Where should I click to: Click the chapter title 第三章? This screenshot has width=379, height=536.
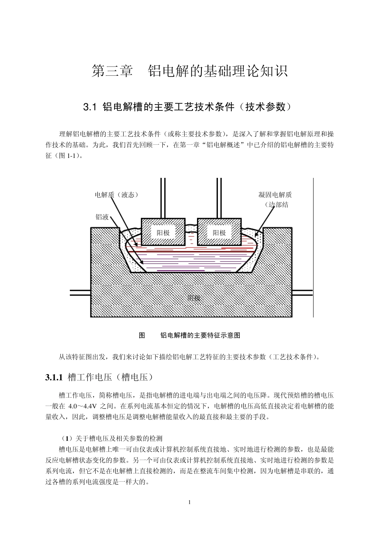(112, 71)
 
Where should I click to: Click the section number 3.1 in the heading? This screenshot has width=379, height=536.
(90, 107)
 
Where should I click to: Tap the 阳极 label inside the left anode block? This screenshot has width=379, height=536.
(163, 233)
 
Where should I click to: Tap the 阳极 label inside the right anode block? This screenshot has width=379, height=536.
(219, 233)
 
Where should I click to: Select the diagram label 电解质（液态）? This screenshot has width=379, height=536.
(116, 195)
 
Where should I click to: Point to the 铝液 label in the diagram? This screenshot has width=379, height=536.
(102, 217)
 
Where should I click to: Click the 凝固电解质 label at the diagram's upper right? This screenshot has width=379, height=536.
(275, 195)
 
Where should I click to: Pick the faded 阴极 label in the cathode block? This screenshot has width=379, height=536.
(194, 298)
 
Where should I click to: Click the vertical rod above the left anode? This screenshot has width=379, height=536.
(163, 198)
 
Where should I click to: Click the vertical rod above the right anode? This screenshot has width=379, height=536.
(219, 198)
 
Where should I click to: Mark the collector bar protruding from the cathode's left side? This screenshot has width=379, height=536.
(80, 293)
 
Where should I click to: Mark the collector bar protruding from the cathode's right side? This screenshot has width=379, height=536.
(302, 293)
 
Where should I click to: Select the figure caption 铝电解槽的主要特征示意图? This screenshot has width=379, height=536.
(200, 335)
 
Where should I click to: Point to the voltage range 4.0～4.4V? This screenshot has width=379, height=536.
(83, 406)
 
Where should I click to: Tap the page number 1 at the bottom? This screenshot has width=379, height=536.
(189, 502)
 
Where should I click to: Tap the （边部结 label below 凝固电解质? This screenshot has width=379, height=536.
(276, 205)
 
